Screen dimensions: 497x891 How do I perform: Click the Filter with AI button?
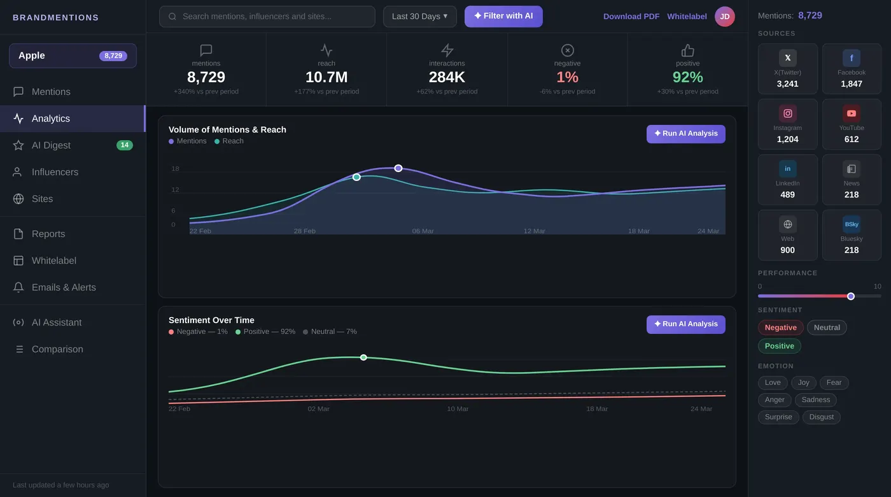[x=503, y=17]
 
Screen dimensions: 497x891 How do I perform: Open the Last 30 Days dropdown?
[x=419, y=17]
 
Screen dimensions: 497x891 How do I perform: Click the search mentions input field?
[x=267, y=17]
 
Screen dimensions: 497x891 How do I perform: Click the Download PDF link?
[x=631, y=17]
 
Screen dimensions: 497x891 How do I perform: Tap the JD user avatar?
[x=724, y=17]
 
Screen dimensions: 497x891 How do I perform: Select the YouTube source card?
[x=851, y=124]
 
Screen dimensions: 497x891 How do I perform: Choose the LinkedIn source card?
[x=787, y=180]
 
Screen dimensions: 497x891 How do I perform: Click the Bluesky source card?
[x=851, y=235]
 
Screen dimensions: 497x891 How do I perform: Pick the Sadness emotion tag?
[x=815, y=400]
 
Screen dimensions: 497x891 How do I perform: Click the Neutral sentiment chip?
[x=827, y=328]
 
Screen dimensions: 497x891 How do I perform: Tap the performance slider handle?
[x=850, y=296]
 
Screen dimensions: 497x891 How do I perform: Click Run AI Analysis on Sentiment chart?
[x=685, y=324]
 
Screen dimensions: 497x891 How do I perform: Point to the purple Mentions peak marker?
[x=398, y=168]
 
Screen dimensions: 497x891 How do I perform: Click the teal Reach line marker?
[x=356, y=177]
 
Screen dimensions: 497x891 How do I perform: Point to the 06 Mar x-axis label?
[x=423, y=231]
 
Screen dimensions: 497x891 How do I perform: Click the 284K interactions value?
[x=447, y=78]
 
